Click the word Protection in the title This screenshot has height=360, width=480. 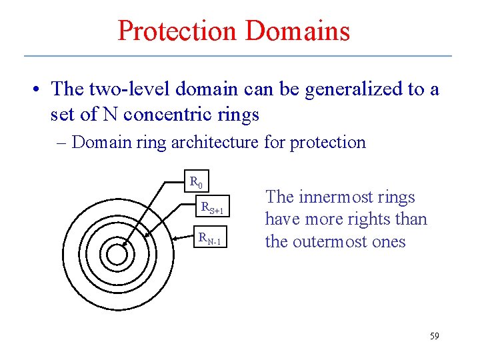(x=177, y=31)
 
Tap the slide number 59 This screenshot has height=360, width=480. (x=434, y=336)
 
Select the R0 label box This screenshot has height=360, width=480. (x=197, y=181)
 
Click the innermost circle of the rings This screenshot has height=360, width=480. (x=116, y=255)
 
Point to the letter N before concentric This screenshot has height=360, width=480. (x=109, y=115)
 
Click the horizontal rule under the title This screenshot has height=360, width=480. (x=239, y=56)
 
